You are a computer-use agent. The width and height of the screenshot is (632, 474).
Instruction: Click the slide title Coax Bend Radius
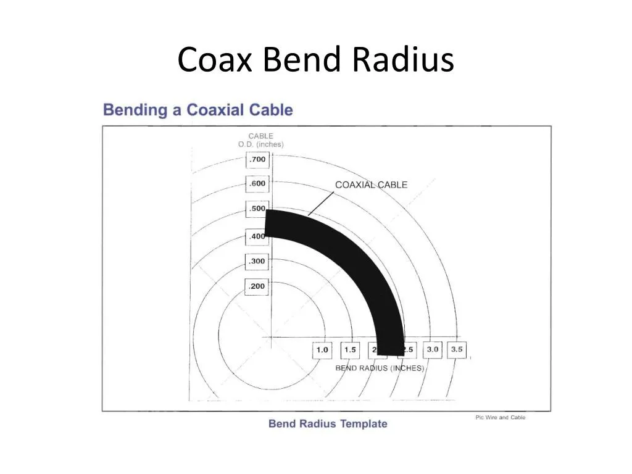pos(315,60)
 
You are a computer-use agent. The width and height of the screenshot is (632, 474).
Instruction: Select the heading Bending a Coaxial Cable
pos(197,110)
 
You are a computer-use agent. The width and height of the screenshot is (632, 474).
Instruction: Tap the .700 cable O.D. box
pos(257,160)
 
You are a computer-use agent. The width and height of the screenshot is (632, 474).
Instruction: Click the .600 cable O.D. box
pos(257,184)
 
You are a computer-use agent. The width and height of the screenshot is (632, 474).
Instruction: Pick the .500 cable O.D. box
pos(256,209)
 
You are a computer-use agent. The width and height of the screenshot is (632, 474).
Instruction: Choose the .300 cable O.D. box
pos(257,261)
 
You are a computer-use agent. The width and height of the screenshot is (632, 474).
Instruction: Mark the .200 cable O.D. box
pos(257,286)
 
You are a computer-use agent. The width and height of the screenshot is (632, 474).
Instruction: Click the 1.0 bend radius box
pos(322,350)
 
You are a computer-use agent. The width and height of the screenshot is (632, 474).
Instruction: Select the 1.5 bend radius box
pos(350,350)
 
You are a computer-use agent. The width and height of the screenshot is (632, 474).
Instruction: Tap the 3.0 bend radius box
pos(432,349)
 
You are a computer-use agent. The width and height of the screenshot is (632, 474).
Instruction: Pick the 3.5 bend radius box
pos(457,349)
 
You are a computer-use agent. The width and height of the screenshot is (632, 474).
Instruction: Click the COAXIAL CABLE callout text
pos(371,185)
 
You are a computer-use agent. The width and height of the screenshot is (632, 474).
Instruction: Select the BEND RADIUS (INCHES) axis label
pos(380,368)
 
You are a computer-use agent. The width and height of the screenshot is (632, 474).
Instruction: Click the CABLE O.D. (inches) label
pos(260,140)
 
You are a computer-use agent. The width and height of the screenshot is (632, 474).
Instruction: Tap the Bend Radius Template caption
pos(328,424)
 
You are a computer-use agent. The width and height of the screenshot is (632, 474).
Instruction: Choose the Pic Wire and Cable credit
pos(500,418)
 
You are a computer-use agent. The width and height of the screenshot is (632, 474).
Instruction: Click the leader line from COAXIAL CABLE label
pos(321,204)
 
